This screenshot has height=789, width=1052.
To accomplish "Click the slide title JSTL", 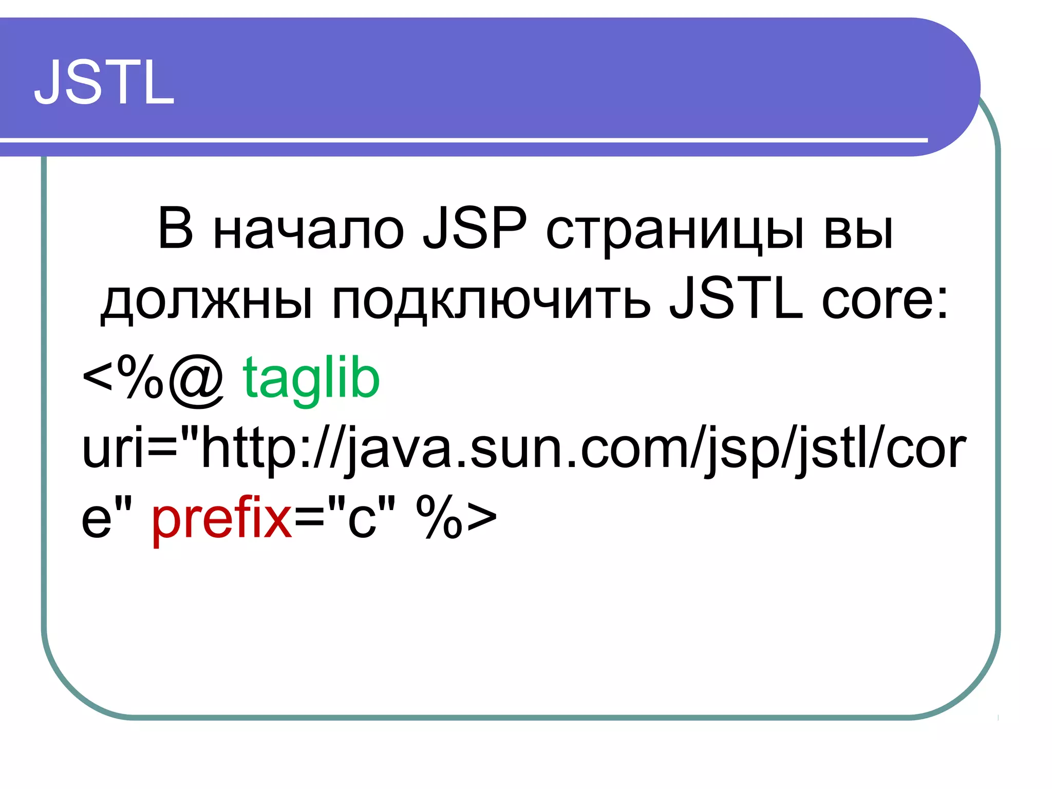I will coord(104,82).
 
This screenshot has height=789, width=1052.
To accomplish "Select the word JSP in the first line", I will coord(475,229).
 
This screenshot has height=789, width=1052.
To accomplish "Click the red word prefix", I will coord(222,518).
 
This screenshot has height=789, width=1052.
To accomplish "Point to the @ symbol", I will coord(196,380).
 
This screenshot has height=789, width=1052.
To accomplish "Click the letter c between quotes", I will coord(362,519).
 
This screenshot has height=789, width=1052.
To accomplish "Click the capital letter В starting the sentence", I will coord(176,229).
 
